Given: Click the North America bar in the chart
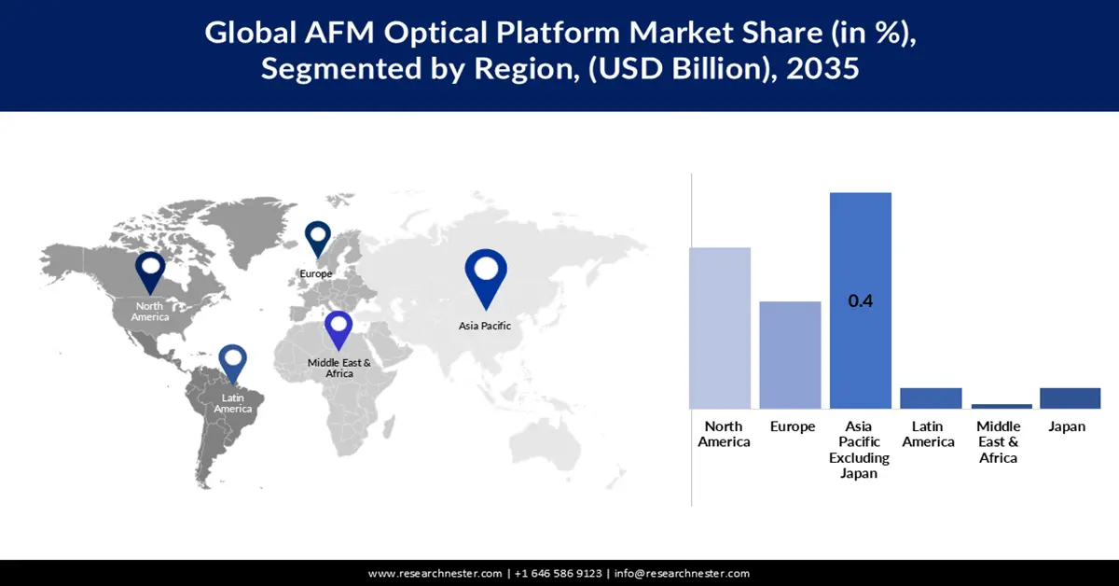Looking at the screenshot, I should tap(720, 328).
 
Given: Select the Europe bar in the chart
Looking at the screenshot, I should tap(790, 355).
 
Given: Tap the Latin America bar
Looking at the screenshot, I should tap(931, 398).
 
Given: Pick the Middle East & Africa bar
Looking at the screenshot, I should tap(1002, 406).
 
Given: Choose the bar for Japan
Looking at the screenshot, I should tap(1070, 398).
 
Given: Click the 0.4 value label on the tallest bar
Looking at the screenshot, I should tap(860, 301).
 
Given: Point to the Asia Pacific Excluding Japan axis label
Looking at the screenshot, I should tap(860, 450).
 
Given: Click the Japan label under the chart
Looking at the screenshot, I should tap(1067, 427).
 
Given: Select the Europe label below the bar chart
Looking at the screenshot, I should tap(793, 427).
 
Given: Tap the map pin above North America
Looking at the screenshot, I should tap(150, 271).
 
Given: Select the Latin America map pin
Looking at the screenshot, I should tap(232, 363).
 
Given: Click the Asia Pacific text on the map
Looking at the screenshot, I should tap(485, 326).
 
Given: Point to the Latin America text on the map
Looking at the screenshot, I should tap(233, 404).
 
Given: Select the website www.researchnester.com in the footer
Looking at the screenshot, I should tap(435, 573).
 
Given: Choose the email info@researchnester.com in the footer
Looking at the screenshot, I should tap(682, 573).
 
